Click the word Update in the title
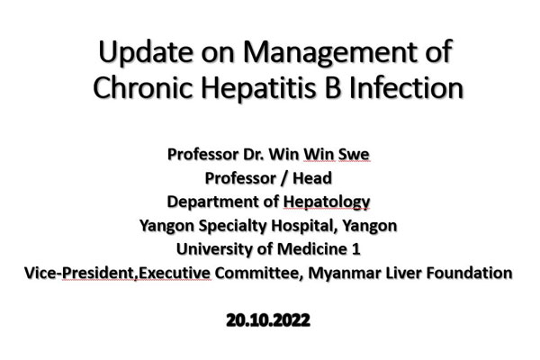point(146,53)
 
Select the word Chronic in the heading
point(142,87)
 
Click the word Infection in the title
point(407,87)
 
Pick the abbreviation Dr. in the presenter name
point(254,154)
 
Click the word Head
point(312,178)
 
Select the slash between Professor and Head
point(283,178)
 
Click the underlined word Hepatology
point(326,202)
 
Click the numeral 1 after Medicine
point(356,249)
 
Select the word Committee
point(258,274)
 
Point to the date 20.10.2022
point(268,320)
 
